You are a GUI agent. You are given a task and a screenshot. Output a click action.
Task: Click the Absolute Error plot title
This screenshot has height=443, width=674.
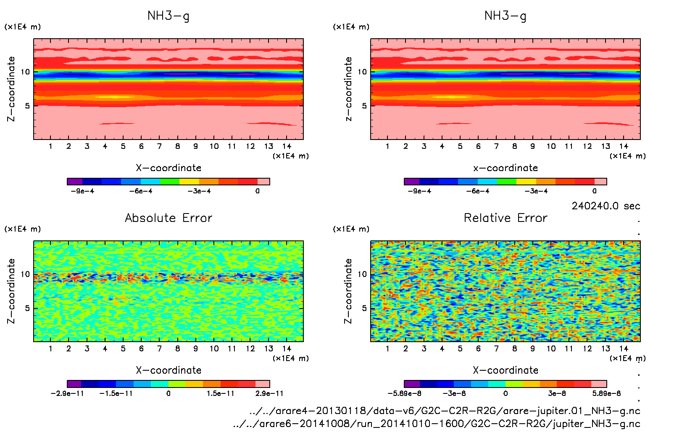click(168, 218)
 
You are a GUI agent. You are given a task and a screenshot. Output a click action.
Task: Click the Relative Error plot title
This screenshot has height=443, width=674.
click(505, 218)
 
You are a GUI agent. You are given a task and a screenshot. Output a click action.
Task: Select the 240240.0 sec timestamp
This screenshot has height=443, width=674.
click(606, 206)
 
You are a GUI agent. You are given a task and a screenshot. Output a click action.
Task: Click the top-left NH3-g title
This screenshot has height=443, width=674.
click(168, 16)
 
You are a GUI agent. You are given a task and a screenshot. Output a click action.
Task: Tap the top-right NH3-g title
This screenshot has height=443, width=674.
click(505, 16)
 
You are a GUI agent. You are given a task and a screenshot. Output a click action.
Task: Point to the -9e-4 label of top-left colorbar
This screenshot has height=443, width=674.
click(82, 191)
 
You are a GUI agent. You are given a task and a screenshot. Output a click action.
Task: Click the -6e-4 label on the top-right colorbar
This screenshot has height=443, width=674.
click(478, 191)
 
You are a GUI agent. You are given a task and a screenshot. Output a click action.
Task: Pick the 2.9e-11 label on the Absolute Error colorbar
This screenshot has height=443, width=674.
click(269, 393)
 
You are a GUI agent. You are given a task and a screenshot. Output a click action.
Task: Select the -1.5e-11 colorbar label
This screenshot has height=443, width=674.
click(116, 393)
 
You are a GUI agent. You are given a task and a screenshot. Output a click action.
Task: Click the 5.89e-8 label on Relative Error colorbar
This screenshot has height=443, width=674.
click(606, 393)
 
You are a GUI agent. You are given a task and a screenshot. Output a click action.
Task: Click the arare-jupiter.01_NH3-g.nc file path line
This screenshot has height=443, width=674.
click(445, 411)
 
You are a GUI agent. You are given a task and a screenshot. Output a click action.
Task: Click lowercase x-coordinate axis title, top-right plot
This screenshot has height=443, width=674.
click(505, 168)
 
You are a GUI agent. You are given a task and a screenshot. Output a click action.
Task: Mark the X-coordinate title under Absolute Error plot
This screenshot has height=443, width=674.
click(168, 370)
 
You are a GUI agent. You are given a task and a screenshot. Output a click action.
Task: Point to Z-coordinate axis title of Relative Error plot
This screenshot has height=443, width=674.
click(348, 291)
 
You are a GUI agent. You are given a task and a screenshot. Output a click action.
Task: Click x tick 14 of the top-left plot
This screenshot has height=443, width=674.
click(287, 146)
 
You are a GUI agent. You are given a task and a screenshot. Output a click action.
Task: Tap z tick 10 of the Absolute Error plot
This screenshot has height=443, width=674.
click(26, 274)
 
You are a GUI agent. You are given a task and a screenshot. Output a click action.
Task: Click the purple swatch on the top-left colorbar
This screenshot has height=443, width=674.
click(75, 182)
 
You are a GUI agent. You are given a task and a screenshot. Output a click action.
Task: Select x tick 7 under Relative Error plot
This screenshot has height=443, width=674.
click(496, 348)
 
